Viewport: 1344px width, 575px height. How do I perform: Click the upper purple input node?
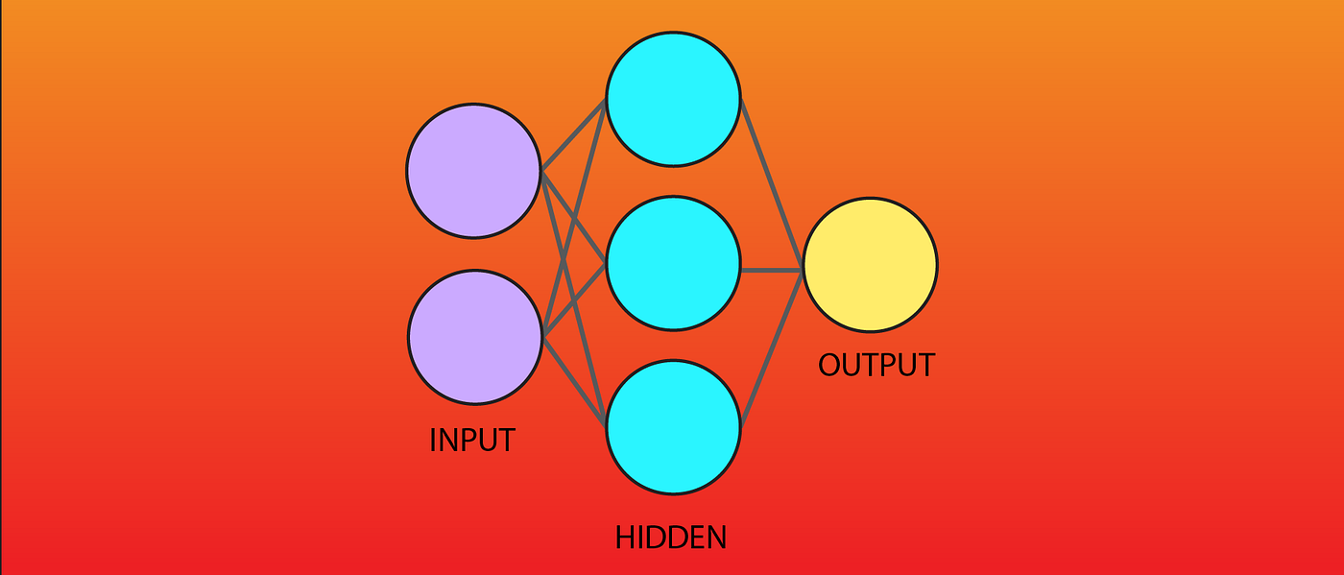(x=473, y=171)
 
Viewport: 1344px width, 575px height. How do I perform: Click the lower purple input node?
(x=475, y=337)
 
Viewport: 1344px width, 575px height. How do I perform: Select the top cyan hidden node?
(x=673, y=98)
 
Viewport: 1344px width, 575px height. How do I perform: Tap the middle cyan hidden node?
(x=673, y=263)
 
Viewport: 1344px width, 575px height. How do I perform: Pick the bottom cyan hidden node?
(x=673, y=427)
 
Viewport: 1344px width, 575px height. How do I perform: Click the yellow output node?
(x=870, y=266)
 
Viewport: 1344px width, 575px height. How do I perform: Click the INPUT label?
(x=471, y=440)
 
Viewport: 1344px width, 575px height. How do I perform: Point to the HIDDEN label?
(x=671, y=537)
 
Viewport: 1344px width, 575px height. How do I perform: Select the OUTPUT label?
(x=876, y=365)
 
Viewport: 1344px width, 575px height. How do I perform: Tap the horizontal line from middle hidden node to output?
(x=771, y=270)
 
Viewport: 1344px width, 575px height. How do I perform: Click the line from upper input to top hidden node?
(x=573, y=135)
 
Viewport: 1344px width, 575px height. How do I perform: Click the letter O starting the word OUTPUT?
(x=829, y=365)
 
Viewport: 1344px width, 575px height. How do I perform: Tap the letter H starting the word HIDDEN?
(x=625, y=537)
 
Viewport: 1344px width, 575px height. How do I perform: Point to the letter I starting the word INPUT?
(x=433, y=440)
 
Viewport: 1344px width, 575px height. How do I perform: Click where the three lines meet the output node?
(x=802, y=270)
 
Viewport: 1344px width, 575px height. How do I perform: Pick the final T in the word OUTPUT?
(x=924, y=365)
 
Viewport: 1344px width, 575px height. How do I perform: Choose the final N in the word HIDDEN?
(x=715, y=537)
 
